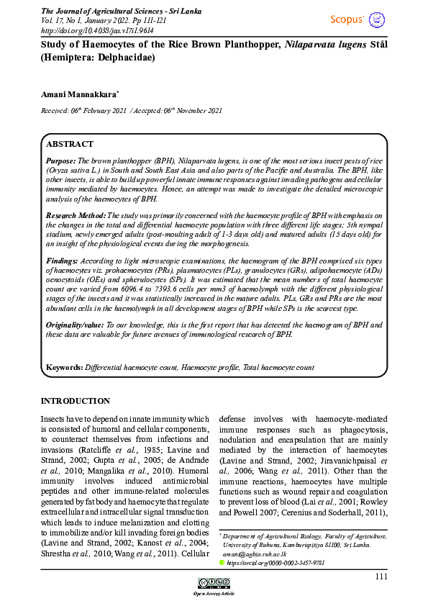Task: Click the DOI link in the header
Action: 92,30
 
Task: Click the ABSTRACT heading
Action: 70,144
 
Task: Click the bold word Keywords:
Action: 64,367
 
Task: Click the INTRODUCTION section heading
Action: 76,401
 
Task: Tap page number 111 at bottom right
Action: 381,576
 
